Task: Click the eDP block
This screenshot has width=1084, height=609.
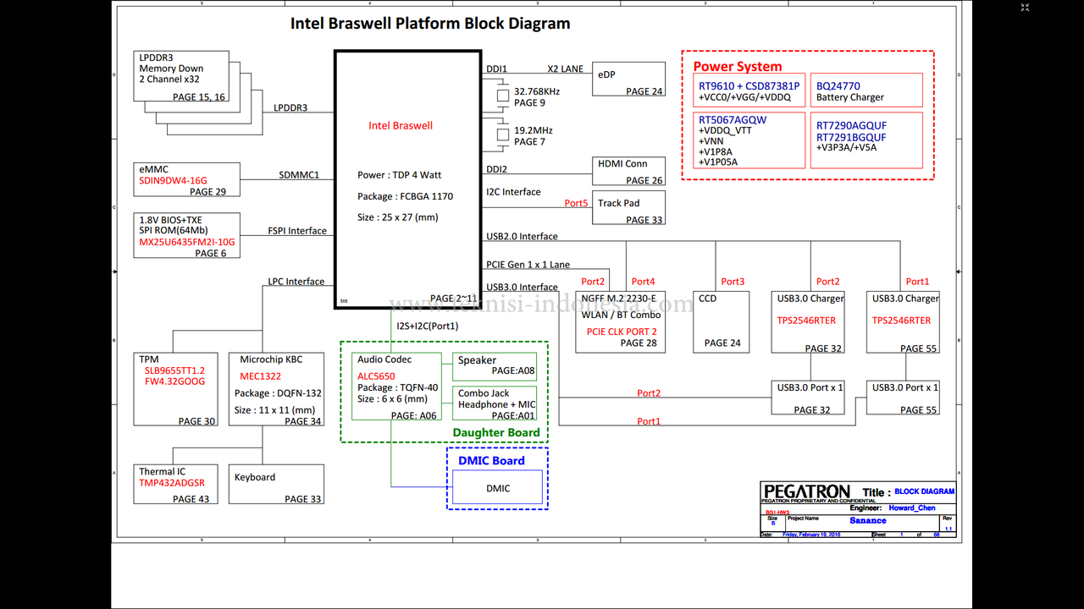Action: click(628, 80)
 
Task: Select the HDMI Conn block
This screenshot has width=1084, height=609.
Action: click(628, 171)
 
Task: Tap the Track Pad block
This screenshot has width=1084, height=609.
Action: click(628, 208)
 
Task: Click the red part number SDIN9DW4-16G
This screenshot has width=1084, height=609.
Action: click(173, 181)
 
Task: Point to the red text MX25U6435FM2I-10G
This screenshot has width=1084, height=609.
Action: click(187, 242)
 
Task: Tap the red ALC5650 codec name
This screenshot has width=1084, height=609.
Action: click(376, 376)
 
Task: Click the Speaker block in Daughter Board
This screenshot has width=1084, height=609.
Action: click(495, 365)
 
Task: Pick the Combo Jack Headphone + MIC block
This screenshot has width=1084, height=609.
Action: click(495, 403)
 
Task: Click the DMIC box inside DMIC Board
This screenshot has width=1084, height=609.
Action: click(497, 488)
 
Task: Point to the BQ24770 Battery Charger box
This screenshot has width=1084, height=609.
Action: click(866, 91)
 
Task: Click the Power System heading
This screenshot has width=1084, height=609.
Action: click(738, 67)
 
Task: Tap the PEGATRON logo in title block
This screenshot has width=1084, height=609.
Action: click(806, 491)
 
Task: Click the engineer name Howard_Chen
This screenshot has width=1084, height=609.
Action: click(912, 508)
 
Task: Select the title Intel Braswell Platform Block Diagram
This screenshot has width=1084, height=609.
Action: click(430, 24)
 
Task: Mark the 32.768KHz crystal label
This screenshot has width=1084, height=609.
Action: click(537, 91)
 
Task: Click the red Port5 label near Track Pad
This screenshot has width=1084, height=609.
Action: click(576, 203)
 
